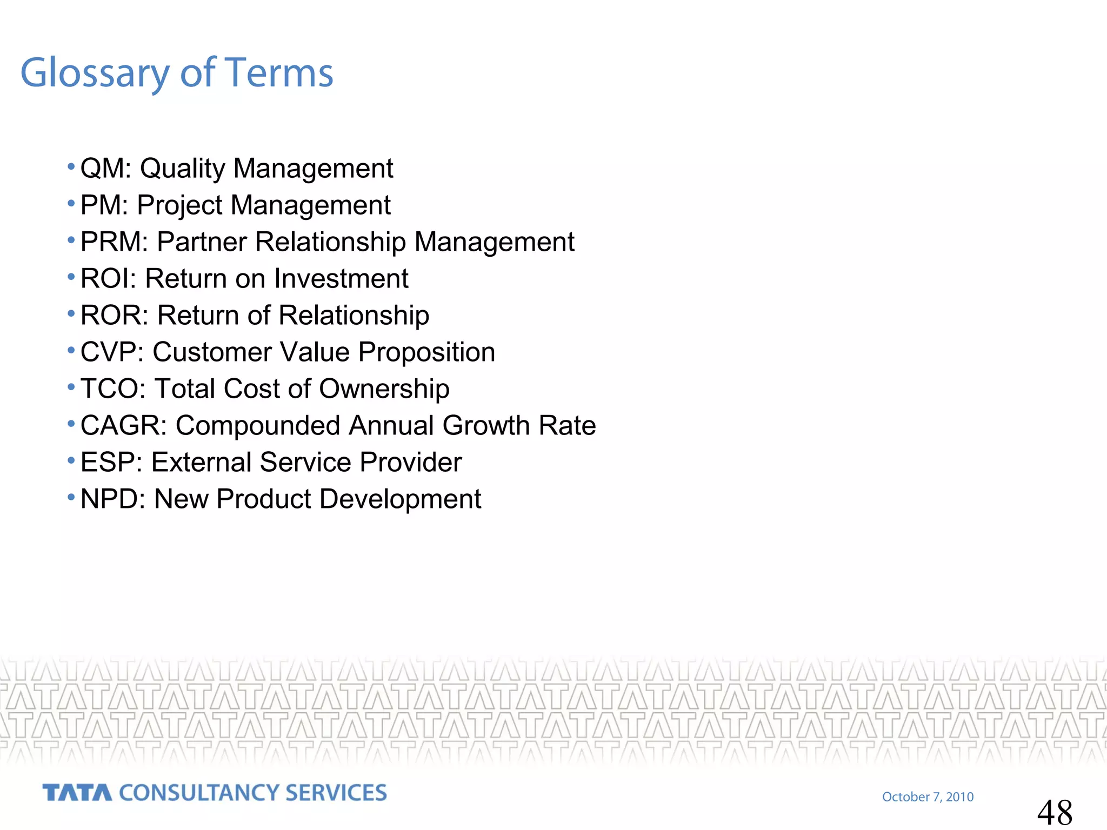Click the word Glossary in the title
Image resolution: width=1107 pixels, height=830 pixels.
95,73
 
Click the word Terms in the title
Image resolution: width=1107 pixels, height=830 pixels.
279,73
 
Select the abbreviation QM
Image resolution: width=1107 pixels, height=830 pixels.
103,169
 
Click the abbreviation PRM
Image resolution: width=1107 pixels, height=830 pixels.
111,242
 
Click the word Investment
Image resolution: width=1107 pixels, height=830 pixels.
341,279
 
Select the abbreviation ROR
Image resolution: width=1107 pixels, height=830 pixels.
111,316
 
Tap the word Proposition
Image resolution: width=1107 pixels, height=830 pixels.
426,353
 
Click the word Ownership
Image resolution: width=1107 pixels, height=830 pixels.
384,389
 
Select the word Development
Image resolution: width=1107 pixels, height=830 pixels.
400,499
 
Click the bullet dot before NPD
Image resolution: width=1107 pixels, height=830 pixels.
71,497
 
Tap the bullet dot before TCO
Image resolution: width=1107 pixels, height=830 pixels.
71,386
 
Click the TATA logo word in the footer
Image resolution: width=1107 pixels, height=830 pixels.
77,793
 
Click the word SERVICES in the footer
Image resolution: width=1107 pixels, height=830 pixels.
336,793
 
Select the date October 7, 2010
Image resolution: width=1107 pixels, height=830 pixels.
928,797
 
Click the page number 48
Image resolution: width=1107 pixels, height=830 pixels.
1055,812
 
